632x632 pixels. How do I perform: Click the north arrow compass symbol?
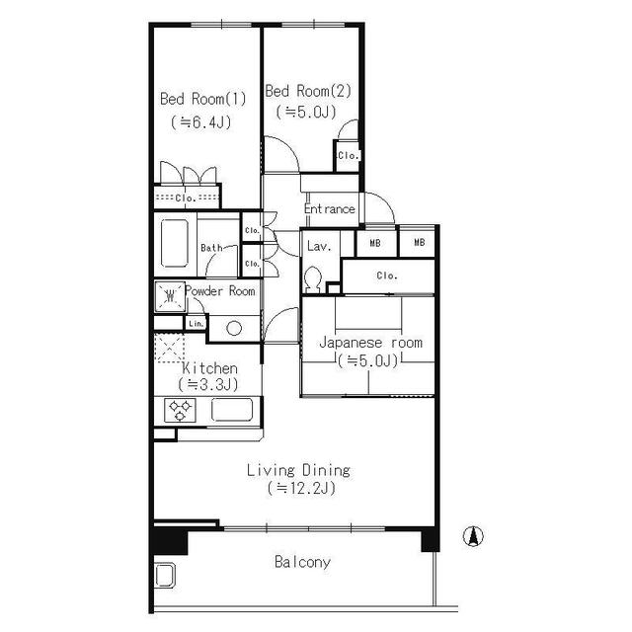click(x=474, y=536)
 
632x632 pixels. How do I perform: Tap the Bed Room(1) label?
click(x=202, y=99)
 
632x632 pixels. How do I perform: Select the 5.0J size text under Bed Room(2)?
click(x=306, y=112)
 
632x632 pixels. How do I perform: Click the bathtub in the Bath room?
click(x=175, y=244)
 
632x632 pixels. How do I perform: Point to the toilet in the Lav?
click(x=312, y=278)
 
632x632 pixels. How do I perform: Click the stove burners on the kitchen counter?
click(x=180, y=410)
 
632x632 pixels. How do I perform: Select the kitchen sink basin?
click(x=232, y=410)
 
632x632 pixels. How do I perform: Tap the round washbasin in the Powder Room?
click(x=234, y=328)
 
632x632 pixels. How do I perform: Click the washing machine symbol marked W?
click(x=170, y=296)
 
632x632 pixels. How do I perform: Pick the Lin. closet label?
click(x=197, y=324)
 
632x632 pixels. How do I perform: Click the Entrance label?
click(x=329, y=208)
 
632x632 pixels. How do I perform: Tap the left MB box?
click(x=375, y=243)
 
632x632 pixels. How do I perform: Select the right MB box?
click(x=419, y=242)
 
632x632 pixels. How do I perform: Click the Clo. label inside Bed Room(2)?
click(x=349, y=155)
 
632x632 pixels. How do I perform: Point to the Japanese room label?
click(x=370, y=343)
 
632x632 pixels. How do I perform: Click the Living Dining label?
click(x=298, y=470)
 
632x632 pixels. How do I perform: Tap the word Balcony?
click(x=302, y=562)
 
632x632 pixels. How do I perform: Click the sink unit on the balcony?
click(x=165, y=575)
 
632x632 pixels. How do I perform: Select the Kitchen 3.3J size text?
click(x=208, y=384)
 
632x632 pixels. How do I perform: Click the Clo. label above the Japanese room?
click(x=387, y=276)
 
